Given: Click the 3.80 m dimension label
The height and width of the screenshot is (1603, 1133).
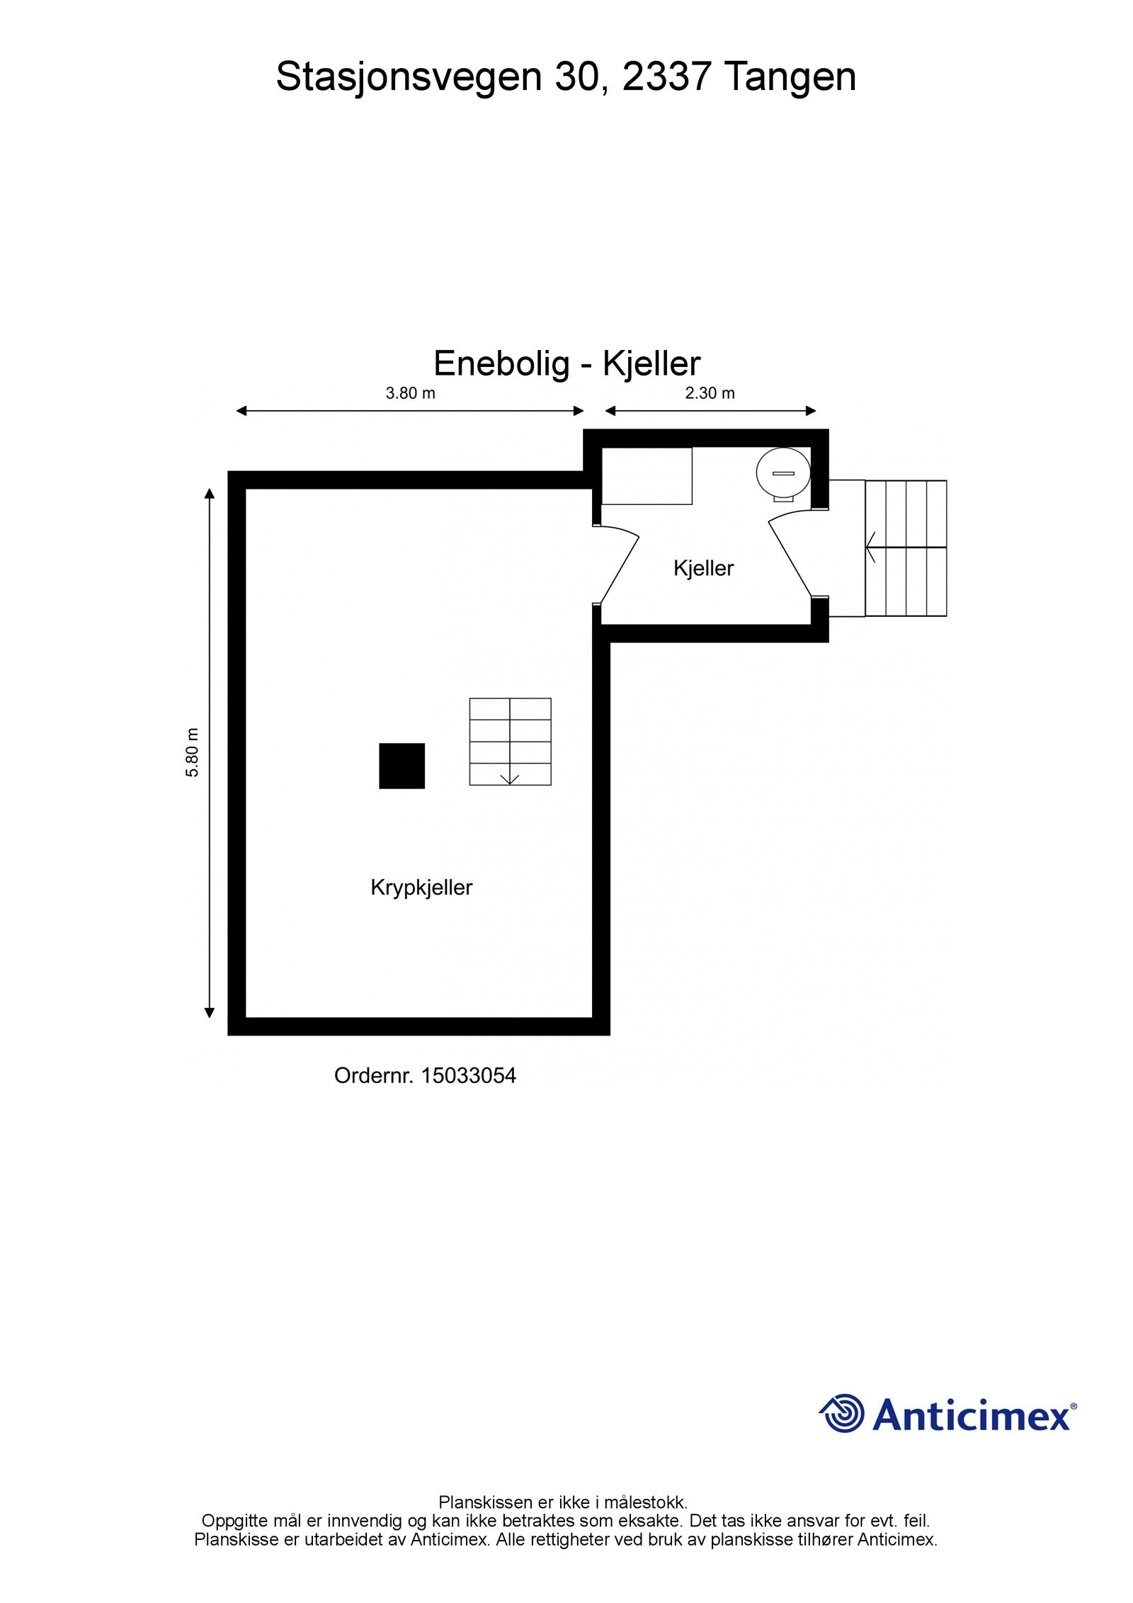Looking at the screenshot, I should click(410, 393).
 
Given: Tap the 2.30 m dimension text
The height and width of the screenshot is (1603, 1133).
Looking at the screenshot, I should click(710, 393).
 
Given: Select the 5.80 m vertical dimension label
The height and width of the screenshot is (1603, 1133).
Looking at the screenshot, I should click(193, 752).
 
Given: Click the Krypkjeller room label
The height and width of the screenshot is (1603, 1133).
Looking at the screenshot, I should click(421, 888).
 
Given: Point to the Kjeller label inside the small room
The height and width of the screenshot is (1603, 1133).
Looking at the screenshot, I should click(703, 568).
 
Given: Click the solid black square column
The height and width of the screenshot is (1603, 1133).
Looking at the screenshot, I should click(402, 766).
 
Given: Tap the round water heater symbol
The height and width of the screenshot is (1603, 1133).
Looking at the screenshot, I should click(782, 473).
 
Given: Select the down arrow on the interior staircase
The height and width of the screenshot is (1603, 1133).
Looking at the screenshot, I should click(510, 778).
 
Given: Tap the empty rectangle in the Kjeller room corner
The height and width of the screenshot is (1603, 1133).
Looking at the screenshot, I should click(647, 476).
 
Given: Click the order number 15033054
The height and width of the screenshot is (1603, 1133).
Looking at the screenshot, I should click(469, 1076).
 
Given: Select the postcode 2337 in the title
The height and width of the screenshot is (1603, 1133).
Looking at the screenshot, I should click(665, 77).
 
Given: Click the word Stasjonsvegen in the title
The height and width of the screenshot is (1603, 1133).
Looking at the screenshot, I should click(409, 78).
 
